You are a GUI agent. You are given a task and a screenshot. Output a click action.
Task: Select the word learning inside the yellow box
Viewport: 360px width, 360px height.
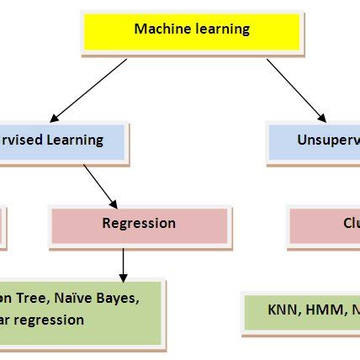point(220,29)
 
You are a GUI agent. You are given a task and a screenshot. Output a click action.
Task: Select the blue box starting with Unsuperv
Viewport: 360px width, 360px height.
point(313,141)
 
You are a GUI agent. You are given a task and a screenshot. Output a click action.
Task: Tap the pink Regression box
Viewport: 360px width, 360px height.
point(139,225)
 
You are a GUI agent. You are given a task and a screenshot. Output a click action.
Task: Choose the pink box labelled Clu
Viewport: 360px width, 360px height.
point(324,225)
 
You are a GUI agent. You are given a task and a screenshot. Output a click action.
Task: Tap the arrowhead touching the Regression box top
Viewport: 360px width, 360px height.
point(114,203)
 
